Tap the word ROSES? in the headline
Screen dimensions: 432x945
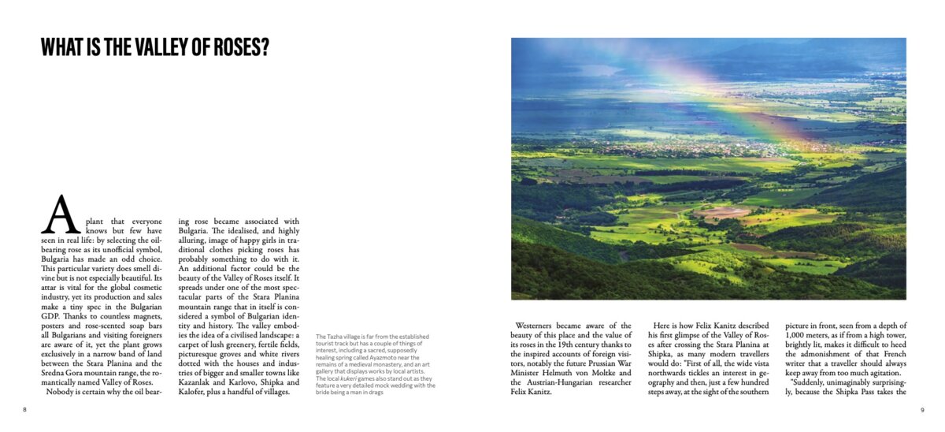pos(239,48)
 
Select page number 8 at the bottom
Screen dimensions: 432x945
pos(24,410)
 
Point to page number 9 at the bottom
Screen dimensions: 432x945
pos(922,410)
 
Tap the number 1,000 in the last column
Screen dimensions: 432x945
pos(799,335)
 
